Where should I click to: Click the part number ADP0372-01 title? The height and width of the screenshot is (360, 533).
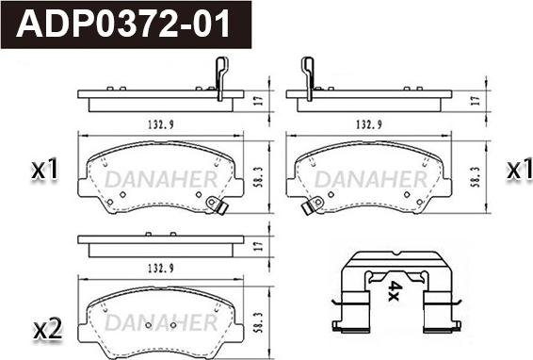point(122,25)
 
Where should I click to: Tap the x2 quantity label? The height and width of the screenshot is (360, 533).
point(48,329)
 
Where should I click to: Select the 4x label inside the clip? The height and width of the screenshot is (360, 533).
point(396,290)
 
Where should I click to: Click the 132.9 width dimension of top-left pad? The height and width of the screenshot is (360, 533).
point(160,125)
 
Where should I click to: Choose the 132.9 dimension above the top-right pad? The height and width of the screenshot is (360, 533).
point(368,125)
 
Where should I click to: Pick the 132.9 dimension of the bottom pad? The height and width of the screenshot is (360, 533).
point(160,269)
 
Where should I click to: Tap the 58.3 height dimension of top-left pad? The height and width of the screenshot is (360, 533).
point(259,177)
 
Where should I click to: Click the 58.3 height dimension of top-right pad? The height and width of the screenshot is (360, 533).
point(475,177)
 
